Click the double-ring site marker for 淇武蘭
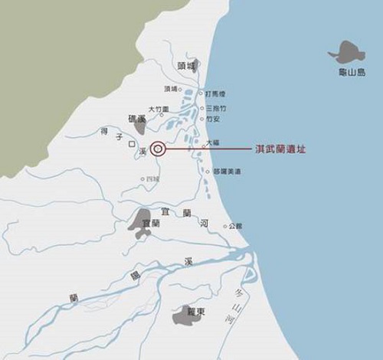(158, 149)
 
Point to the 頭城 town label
(186, 66)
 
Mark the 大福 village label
(214, 142)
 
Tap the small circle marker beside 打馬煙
(202, 93)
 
